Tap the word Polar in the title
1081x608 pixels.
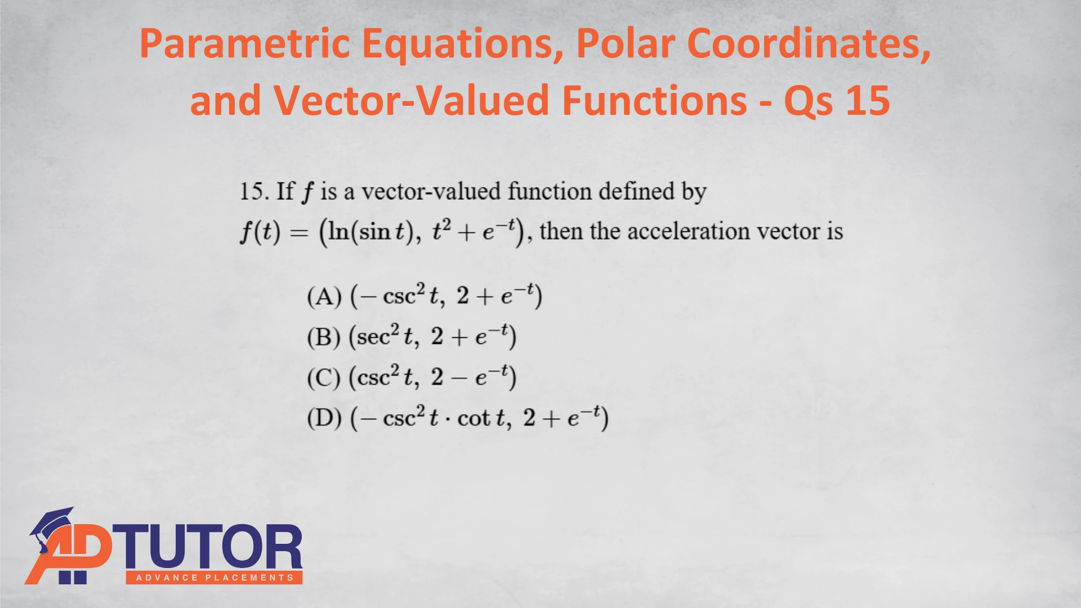pos(625,44)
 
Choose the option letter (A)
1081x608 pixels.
pos(324,296)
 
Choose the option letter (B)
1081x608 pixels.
pos(324,337)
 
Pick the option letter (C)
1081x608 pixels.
pos(324,377)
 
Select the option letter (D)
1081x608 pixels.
pos(324,418)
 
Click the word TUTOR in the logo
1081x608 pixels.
pos(208,547)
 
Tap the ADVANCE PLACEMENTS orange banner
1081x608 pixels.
pos(215,578)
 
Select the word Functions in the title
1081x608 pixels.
pos(655,100)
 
